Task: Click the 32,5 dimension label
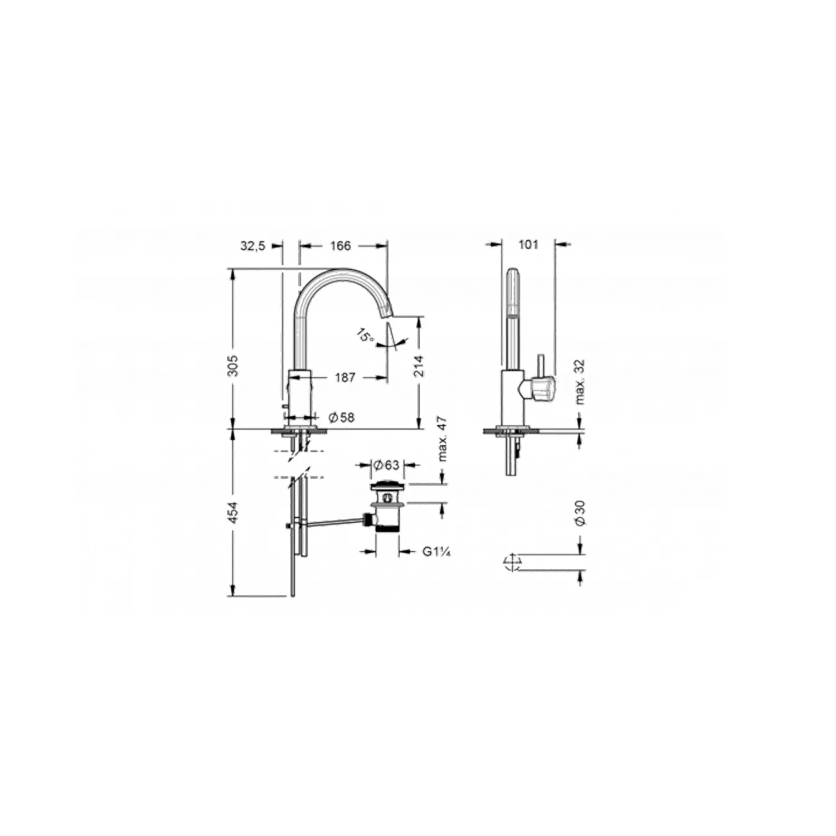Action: (x=252, y=246)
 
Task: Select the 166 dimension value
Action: (x=341, y=246)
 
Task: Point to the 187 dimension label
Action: (x=345, y=377)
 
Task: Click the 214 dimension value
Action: (x=419, y=366)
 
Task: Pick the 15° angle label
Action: (x=365, y=336)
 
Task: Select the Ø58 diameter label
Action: (x=341, y=417)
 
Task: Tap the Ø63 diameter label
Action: (x=386, y=464)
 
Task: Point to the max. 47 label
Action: (x=443, y=439)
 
